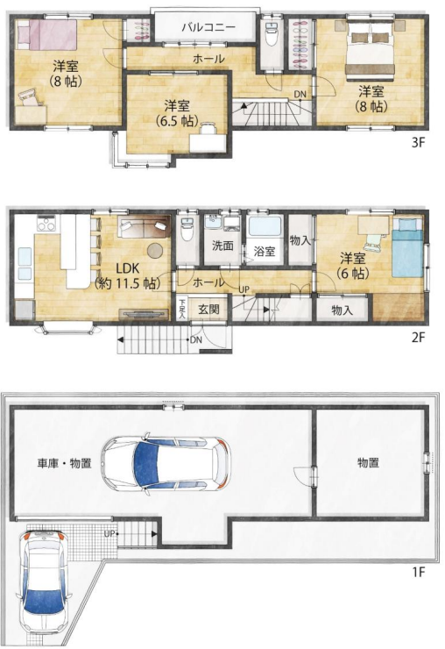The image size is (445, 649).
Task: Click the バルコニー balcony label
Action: [x=208, y=27]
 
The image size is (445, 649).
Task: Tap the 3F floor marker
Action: [x=418, y=140]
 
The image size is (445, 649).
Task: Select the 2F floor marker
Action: [x=418, y=337]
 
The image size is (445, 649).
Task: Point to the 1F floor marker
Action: [x=418, y=573]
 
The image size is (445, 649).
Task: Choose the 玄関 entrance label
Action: [x=208, y=309]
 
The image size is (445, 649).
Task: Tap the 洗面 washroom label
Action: [x=222, y=246]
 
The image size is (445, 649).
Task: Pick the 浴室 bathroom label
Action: [x=265, y=251]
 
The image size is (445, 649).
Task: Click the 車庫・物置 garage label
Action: [x=64, y=462]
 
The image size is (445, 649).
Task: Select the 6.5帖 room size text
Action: [x=176, y=120]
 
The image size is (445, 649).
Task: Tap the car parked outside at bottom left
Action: [x=42, y=583]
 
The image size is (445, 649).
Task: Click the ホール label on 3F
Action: [x=208, y=58]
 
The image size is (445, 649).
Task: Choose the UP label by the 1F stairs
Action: [x=109, y=532]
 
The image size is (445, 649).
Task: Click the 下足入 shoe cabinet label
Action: [x=182, y=310]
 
